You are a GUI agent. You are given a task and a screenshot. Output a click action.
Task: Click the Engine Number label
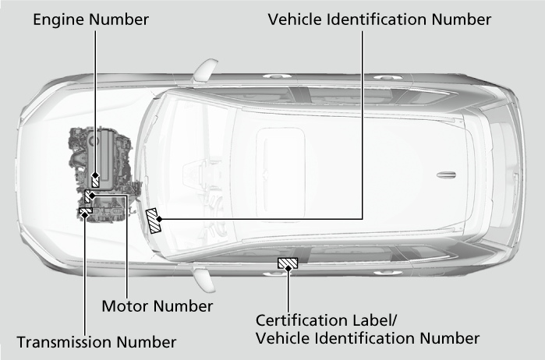pyautogui.click(x=90, y=19)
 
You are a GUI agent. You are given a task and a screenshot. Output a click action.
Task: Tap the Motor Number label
pyautogui.click(x=157, y=306)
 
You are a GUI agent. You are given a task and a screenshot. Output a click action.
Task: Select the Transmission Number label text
pyautogui.click(x=96, y=342)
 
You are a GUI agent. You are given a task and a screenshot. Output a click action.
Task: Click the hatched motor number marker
pyautogui.click(x=87, y=196)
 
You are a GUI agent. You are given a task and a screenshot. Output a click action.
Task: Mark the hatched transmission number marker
pyautogui.click(x=86, y=210)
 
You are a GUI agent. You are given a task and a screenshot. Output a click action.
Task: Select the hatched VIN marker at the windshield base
pyautogui.click(x=154, y=221)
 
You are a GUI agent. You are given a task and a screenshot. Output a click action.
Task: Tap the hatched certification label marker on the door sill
pyautogui.click(x=288, y=263)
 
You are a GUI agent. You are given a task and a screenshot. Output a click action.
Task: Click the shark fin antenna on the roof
pyautogui.click(x=446, y=175)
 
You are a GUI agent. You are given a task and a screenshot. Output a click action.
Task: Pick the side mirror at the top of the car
pyautogui.click(x=205, y=70)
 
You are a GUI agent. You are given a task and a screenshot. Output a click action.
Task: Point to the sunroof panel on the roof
pyautogui.click(x=281, y=173)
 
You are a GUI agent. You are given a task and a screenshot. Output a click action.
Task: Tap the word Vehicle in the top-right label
pyautogui.click(x=295, y=19)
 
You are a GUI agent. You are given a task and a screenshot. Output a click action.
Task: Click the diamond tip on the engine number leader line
pyautogui.click(x=95, y=175)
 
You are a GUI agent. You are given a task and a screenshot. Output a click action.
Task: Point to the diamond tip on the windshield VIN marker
pyautogui.click(x=159, y=219)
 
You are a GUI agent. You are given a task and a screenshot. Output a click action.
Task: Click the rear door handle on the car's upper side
pyautogui.click(x=384, y=77)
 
